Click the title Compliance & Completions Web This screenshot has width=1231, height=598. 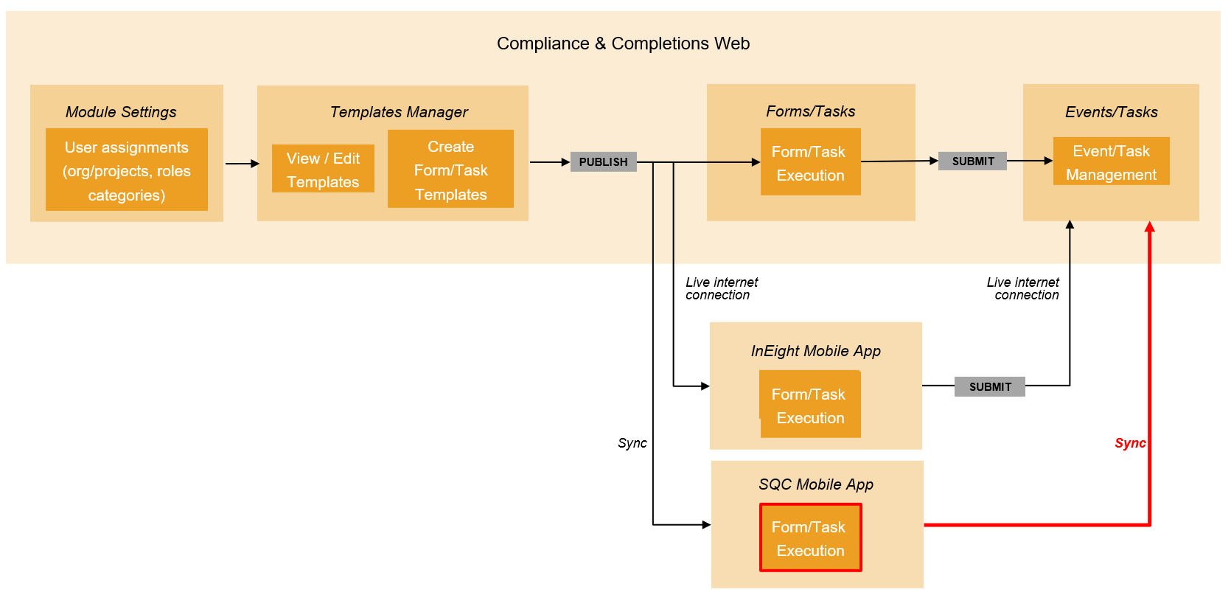coord(623,44)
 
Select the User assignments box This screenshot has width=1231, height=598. coord(127,170)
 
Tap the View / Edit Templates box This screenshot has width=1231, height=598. coord(323,169)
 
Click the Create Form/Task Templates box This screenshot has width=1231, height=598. coord(450,170)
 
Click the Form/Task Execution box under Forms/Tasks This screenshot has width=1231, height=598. coord(810,162)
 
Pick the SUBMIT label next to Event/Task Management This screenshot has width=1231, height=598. coord(972,161)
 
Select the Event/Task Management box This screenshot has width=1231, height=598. coord(1111,161)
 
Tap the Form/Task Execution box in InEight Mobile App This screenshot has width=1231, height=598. coord(810,405)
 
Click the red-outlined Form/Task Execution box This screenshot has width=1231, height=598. coord(810,538)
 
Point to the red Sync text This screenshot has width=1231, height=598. coord(1129,443)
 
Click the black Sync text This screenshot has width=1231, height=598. coord(632,443)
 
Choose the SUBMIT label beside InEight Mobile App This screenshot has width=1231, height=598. coord(989,387)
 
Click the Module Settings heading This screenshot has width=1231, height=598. coord(121,112)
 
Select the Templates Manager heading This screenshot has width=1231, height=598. coord(399,112)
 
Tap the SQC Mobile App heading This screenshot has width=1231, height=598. coord(816,484)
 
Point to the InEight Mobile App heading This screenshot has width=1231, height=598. coord(815,351)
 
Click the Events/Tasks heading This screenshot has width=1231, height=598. coord(1111,112)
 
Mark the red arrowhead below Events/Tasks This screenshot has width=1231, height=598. coord(1149,227)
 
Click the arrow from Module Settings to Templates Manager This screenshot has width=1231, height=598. coord(242,164)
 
